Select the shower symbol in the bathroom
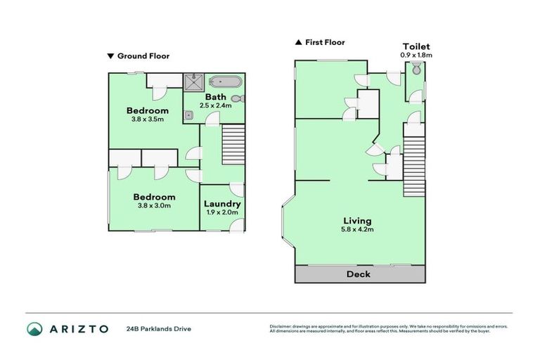tap(192, 83)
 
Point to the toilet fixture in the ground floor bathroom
tap(236, 99)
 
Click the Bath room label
tap(214, 96)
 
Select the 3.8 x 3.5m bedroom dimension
tap(147, 120)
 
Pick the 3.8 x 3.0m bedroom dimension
tap(154, 206)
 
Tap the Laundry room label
tap(222, 204)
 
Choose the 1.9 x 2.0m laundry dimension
tap(222, 212)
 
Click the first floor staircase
tap(415, 167)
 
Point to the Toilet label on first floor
tap(416, 46)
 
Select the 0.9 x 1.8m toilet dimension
tap(416, 55)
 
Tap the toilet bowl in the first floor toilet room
tap(416, 69)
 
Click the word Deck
tap(359, 274)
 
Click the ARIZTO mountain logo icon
tap(34, 328)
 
